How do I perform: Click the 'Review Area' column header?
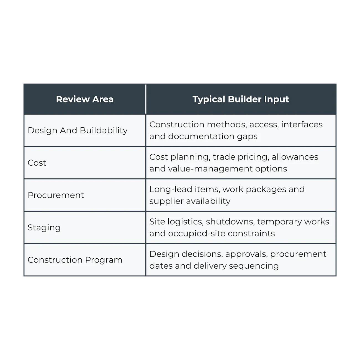pyautogui.click(x=85, y=99)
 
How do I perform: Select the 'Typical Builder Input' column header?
pyautogui.click(x=241, y=99)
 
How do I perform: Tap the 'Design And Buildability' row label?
pyautogui.click(x=78, y=130)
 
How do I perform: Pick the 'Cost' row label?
pyautogui.click(x=37, y=163)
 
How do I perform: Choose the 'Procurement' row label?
pyautogui.click(x=56, y=195)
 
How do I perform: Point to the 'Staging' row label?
pyautogui.click(x=44, y=228)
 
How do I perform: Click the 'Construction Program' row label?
pyautogui.click(x=75, y=260)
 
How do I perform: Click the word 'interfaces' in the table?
pyautogui.click(x=302, y=124)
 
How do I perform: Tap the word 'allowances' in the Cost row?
pyautogui.click(x=295, y=157)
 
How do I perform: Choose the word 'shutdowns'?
pyautogui.click(x=230, y=222)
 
